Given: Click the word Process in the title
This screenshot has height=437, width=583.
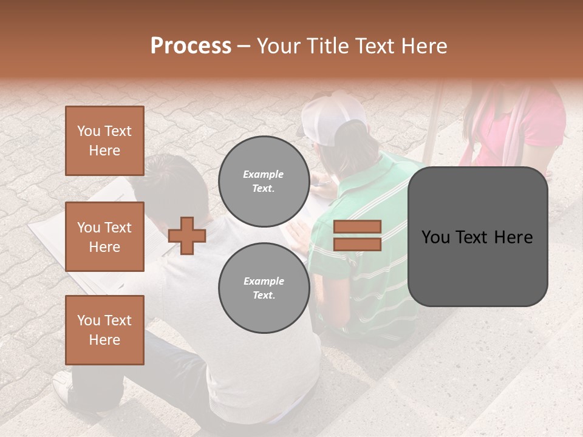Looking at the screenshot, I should click(x=191, y=46).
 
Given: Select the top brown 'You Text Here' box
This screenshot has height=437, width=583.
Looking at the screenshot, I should click(x=104, y=141).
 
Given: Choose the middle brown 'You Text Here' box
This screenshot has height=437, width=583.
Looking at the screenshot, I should click(x=104, y=237).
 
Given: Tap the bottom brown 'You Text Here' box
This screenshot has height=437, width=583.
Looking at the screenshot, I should click(x=104, y=330).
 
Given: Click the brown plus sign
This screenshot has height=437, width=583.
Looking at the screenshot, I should click(x=187, y=235).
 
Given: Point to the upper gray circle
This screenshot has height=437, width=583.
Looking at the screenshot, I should click(x=264, y=181).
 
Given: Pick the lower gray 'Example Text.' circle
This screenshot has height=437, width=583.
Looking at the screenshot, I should click(x=264, y=288).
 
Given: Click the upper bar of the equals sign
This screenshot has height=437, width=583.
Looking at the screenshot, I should click(x=357, y=227).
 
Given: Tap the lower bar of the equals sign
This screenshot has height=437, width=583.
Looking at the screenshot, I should click(x=357, y=244).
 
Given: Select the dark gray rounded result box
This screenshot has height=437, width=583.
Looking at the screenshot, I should click(x=477, y=237).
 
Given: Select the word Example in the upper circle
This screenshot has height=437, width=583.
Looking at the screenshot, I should click(x=264, y=174).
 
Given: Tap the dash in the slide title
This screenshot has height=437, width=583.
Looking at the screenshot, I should click(x=244, y=46).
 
